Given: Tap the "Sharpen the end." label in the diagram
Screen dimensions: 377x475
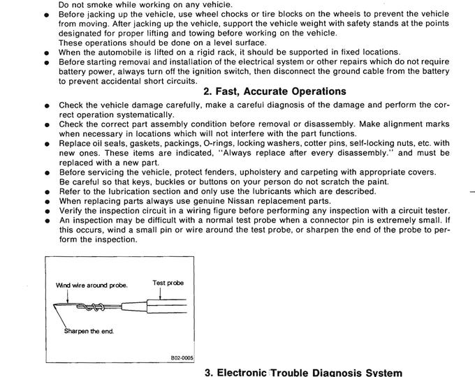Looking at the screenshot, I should click(89, 332).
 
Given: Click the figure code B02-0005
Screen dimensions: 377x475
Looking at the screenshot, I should click(181, 357).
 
